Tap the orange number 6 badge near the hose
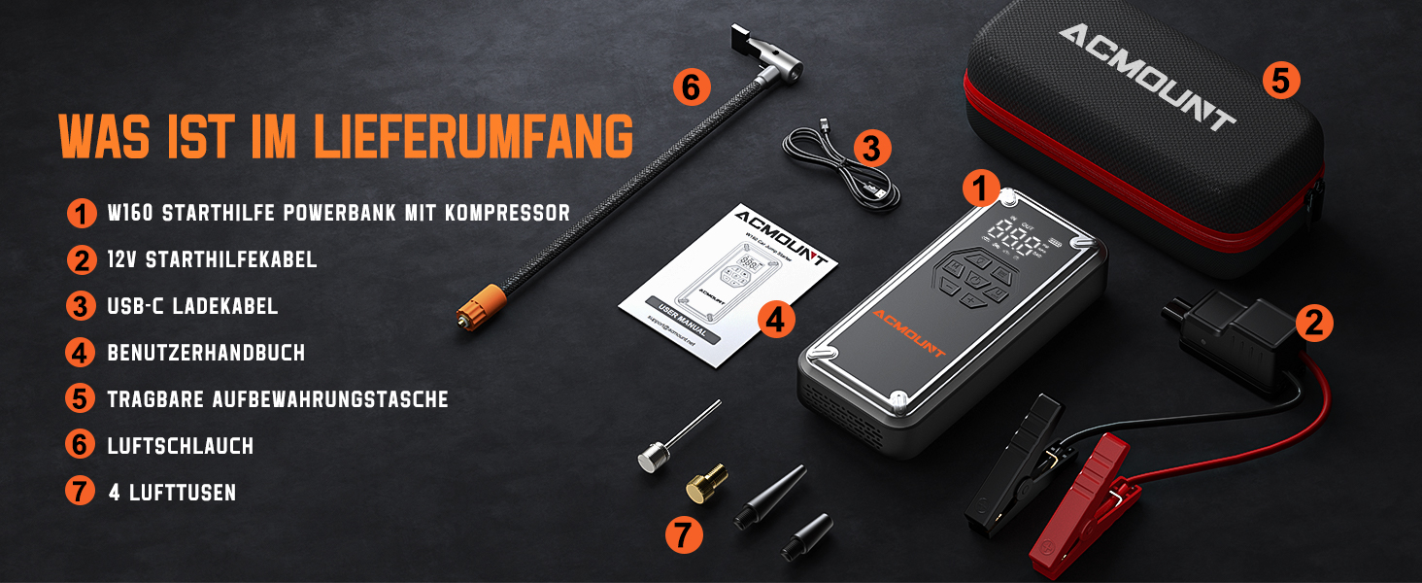(x=690, y=88)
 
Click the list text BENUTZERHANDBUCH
(x=206, y=353)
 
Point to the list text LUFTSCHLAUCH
(x=181, y=446)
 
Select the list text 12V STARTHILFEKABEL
(x=213, y=259)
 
